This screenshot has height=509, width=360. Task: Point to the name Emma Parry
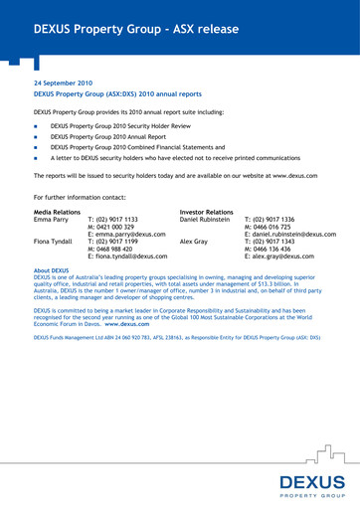[52, 219]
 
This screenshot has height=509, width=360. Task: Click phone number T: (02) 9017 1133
[112, 219]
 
